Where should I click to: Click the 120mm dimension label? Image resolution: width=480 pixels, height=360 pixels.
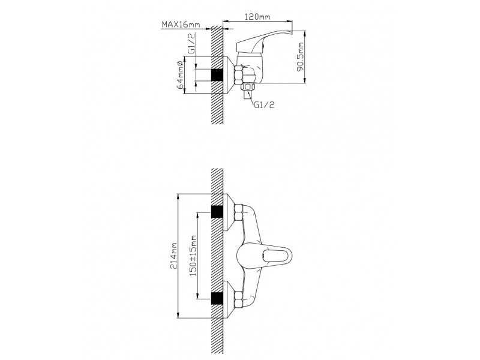point(257,17)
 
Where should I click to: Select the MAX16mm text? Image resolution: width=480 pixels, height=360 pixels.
point(181,24)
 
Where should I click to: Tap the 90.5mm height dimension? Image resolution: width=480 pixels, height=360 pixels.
point(301,57)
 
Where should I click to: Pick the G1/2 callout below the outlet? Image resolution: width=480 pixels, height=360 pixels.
point(264,104)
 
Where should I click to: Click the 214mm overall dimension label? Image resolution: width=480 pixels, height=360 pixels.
point(173,256)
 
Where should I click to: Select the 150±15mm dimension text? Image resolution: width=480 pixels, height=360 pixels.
point(193,256)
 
